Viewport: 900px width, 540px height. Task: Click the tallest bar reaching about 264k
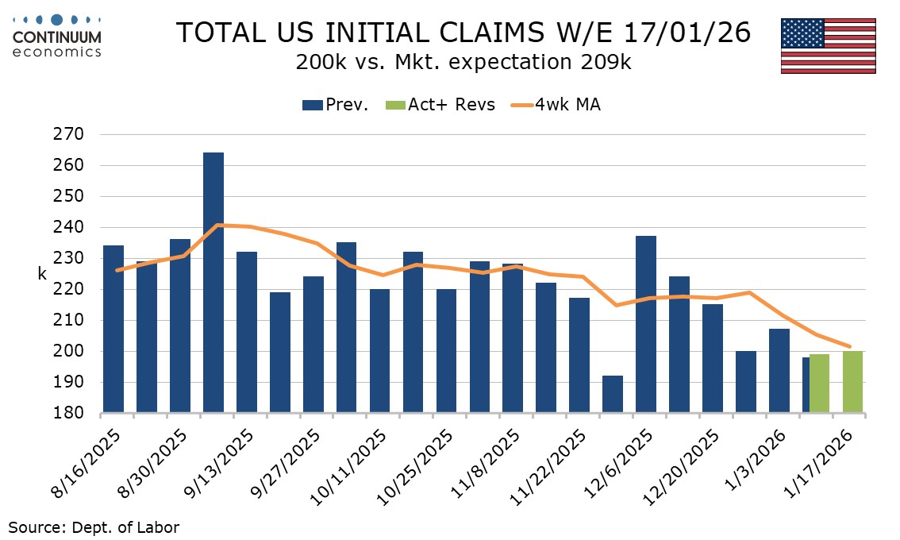pos(213,283)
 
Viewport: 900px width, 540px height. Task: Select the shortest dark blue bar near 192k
pos(613,395)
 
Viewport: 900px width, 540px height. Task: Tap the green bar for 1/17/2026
pos(852,382)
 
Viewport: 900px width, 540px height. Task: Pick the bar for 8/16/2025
pos(113,330)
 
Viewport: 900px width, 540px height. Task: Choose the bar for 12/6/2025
pos(646,325)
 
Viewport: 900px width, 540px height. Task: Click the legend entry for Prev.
pos(335,105)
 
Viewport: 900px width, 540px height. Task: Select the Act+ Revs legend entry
pos(440,105)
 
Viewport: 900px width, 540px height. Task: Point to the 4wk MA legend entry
pos(555,105)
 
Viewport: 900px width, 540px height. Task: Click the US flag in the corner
pos(828,45)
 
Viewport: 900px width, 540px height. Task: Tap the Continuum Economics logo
pos(56,34)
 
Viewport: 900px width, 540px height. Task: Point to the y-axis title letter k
pos(42,274)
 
